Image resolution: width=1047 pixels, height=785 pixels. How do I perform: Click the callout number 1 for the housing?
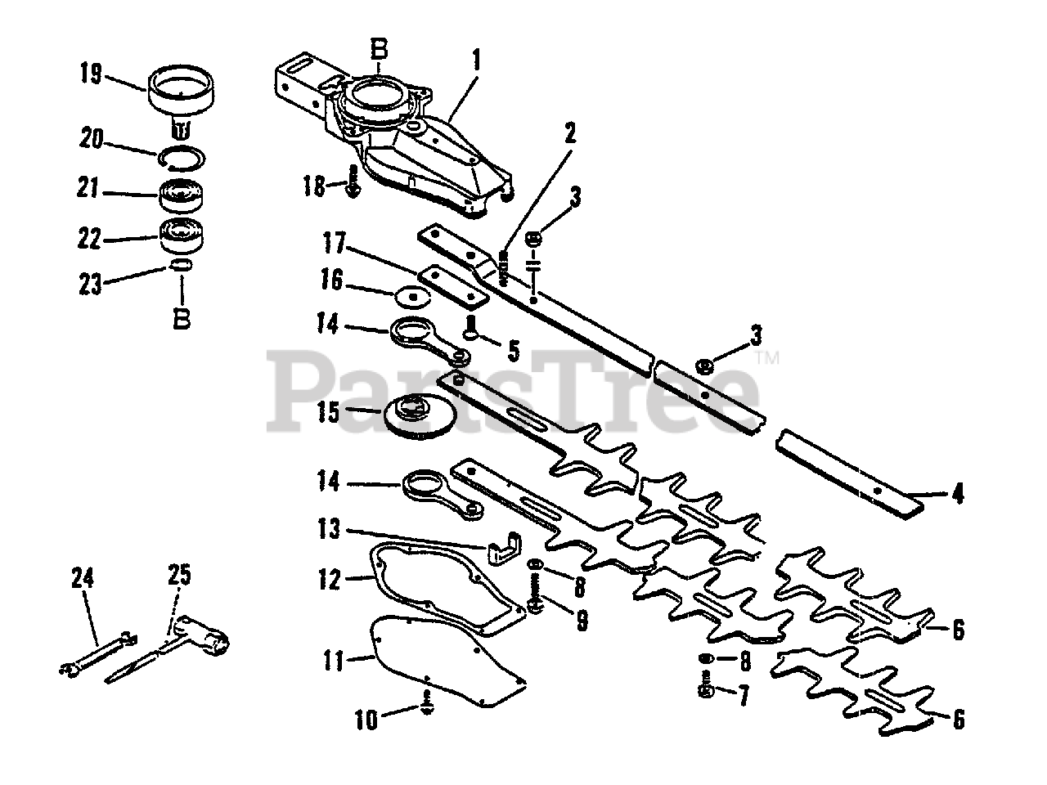(476, 61)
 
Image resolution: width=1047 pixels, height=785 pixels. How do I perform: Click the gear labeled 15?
(420, 414)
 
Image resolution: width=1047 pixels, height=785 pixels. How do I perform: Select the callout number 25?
(179, 574)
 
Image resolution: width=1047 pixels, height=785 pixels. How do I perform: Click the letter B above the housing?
(379, 50)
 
